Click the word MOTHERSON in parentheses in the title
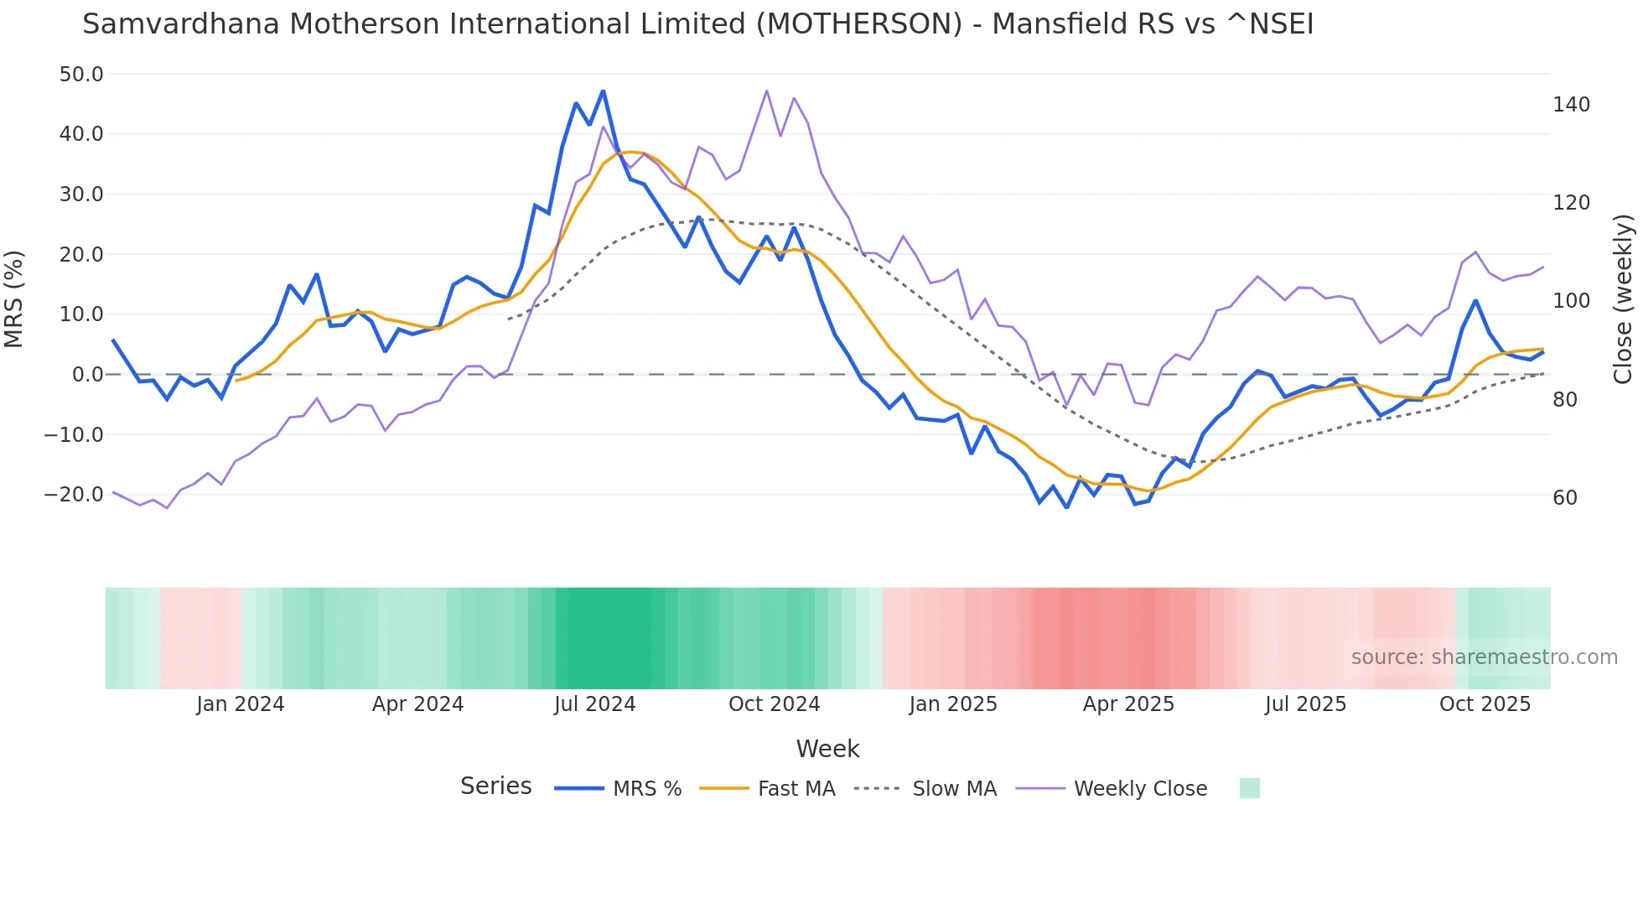(859, 24)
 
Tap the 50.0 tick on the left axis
(81, 75)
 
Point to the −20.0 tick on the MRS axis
(75, 495)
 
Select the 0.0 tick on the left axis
(87, 375)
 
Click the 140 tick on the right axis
(1571, 105)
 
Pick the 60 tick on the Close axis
(1564, 498)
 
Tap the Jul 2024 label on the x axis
(594, 704)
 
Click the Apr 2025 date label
(1128, 704)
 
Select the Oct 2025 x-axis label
(1485, 704)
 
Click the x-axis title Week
(827, 749)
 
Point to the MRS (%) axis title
(14, 299)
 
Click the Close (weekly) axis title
(1623, 299)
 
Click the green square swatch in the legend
(1249, 788)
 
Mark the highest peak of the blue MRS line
(603, 91)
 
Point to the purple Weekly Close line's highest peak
(766, 91)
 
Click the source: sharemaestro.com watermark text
(1484, 657)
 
